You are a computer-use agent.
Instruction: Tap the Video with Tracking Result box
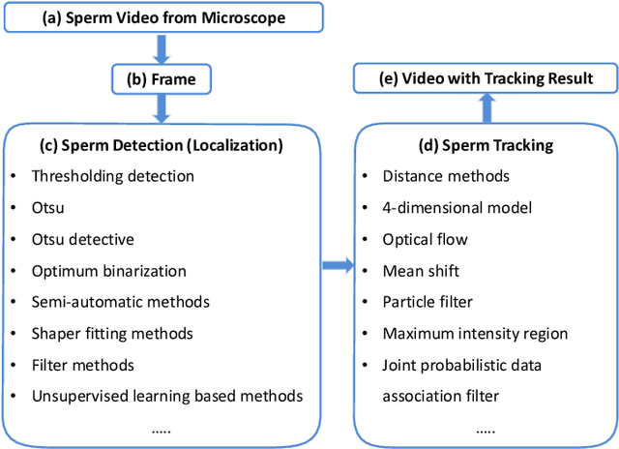point(486,77)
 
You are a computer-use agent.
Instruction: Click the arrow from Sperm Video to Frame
point(162,48)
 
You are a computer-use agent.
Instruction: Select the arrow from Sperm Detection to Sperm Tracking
point(335,263)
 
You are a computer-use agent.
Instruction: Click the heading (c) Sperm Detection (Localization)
point(162,146)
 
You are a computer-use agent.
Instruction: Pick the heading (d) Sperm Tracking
point(485,146)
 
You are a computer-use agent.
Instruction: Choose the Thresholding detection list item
point(112,176)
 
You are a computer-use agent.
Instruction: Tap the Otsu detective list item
point(83,239)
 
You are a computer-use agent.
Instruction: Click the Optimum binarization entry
point(108,271)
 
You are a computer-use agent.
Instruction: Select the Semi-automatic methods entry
point(120,302)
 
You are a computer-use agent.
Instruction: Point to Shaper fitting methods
point(112,334)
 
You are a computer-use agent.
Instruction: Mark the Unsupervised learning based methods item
point(166,395)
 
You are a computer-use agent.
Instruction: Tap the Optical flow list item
point(425,239)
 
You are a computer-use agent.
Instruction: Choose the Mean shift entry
point(421,271)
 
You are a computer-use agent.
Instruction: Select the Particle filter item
point(428,302)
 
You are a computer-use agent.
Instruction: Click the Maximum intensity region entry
point(474,334)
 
